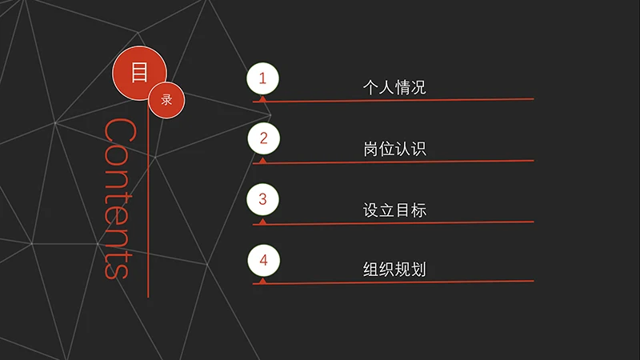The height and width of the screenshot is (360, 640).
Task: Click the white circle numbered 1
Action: coord(263,78)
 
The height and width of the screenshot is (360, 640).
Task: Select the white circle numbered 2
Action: coord(264,138)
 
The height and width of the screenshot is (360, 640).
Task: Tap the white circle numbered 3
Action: coord(263,199)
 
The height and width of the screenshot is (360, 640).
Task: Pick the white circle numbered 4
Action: coord(264,260)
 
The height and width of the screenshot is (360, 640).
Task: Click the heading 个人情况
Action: coord(394,87)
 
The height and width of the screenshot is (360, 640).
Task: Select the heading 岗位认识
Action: coord(394,149)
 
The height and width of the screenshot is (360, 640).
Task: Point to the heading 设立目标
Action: coord(394,210)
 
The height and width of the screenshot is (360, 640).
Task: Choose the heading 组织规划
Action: coord(394,270)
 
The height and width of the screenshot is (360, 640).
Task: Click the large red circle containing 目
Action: coord(139,73)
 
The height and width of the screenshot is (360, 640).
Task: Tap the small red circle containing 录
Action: coord(166,100)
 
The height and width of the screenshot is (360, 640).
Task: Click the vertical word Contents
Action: coord(120,198)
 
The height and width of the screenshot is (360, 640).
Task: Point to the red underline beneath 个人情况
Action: coord(393,100)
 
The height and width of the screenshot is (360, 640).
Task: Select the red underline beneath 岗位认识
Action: coord(393,162)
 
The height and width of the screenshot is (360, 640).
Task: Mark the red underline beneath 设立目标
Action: coord(393,223)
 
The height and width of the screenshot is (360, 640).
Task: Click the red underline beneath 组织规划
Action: coord(393,282)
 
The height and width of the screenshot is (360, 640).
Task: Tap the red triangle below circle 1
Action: coord(263,98)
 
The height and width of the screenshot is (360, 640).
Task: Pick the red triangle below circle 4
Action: coord(263,281)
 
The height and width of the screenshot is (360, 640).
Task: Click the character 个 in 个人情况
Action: coord(370,87)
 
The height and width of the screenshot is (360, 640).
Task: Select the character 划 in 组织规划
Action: coord(418,270)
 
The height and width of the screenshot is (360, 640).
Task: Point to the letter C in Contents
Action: coord(120,130)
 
